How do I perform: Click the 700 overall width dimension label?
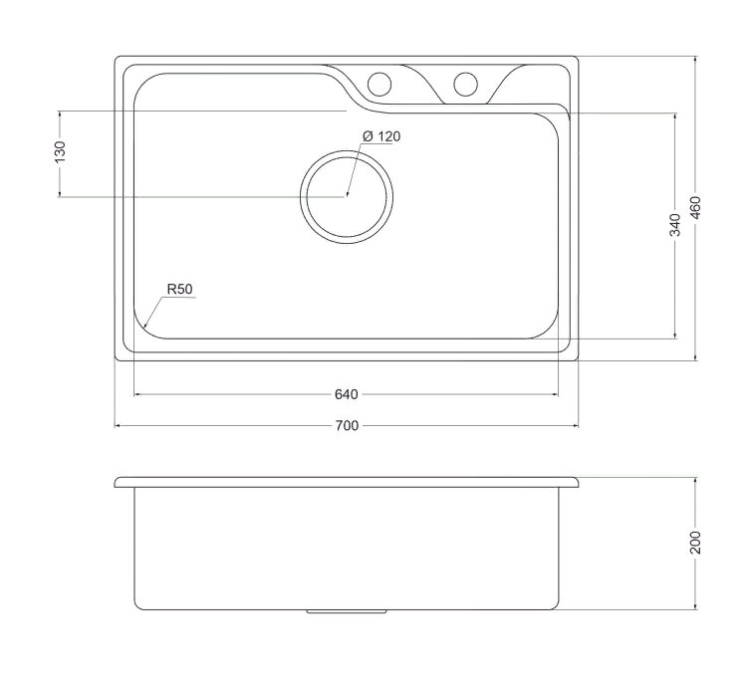tap(347, 425)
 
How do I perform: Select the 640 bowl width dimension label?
tap(347, 394)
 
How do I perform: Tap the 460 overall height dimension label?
tap(695, 207)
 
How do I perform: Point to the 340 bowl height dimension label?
tap(675, 225)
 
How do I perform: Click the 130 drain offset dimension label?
tap(60, 151)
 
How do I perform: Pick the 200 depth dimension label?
tap(695, 543)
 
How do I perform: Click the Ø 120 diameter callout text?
tap(381, 136)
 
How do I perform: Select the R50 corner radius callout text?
tap(179, 290)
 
